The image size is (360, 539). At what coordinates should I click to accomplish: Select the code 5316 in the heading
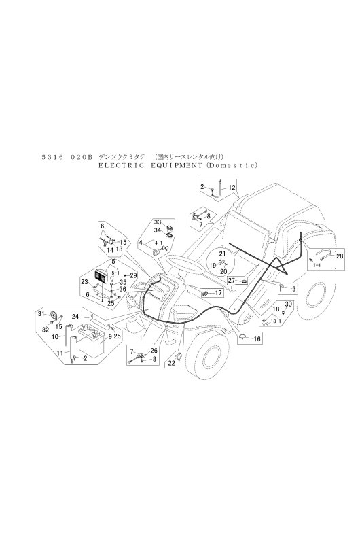coord(52,157)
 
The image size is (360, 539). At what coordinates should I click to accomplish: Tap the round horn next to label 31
coord(54,315)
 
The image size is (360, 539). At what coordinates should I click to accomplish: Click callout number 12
coord(232,188)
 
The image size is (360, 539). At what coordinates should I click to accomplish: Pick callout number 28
coord(340,256)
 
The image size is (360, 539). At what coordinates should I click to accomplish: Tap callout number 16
coord(257,339)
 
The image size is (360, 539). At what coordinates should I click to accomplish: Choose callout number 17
coord(219,293)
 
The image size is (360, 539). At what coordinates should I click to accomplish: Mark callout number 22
coord(172,363)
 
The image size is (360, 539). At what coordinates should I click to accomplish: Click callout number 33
coord(158,222)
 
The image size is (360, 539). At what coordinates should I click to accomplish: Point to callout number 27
coord(232,280)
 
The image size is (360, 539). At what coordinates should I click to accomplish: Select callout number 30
coord(288,305)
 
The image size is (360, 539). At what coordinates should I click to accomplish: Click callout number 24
coord(75,316)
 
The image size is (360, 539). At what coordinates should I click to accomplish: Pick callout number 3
coord(293,290)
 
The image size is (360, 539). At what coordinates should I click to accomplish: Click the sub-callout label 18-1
coord(276,321)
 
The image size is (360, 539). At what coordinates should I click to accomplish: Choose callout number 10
coord(55,337)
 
